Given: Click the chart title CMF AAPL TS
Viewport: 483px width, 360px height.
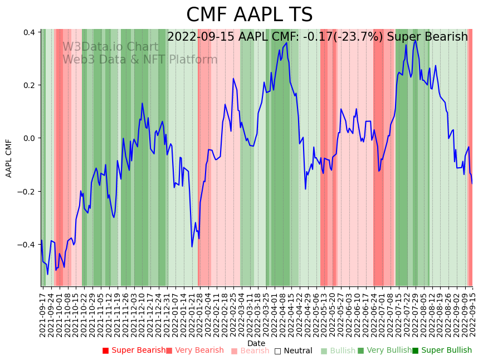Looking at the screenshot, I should [249, 15].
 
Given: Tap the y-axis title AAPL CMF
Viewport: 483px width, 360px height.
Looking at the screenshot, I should [9, 158].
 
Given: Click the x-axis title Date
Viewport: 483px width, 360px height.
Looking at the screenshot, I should [256, 343].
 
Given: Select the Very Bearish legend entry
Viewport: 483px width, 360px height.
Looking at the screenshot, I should [194, 351].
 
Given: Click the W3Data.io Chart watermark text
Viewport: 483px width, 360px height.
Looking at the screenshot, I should [110, 47].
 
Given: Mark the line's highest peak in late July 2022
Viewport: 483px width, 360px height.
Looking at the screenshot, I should [415, 40].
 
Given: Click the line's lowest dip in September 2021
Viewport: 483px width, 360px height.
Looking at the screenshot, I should [47, 274].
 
